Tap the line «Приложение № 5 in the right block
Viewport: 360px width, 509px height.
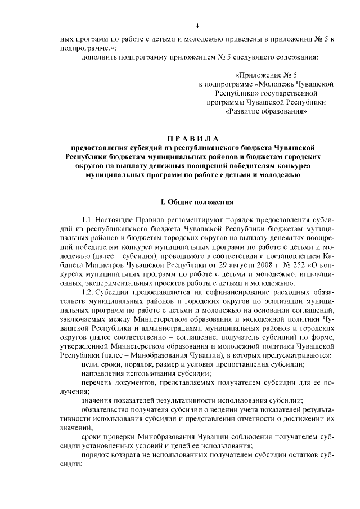click(267, 74)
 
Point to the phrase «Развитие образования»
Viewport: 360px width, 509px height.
click(267, 111)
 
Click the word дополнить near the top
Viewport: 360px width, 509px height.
click(98, 57)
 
